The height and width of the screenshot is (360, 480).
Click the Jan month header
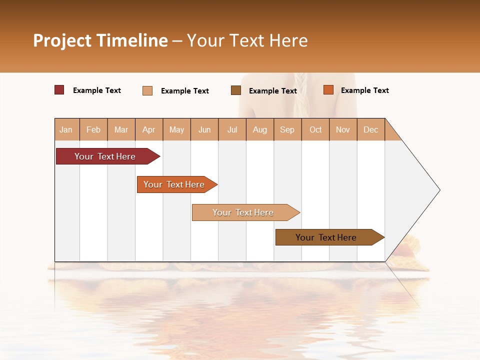point(66,130)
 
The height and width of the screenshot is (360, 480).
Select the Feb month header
point(93,130)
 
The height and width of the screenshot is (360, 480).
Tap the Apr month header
point(148,130)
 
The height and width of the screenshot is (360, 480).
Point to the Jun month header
point(204,130)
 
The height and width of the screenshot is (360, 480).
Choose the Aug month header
point(259,130)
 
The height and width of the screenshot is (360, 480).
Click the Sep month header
point(287,130)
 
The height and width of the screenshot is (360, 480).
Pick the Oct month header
point(315,130)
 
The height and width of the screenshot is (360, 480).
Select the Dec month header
point(370,130)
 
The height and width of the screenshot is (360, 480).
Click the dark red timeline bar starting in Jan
point(105,156)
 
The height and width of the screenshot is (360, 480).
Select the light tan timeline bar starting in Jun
point(243,212)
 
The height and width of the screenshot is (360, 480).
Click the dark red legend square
point(59,90)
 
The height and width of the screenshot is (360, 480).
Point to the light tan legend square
point(147,90)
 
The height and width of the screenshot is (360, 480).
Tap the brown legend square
point(236,90)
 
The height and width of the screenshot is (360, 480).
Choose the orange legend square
point(328,90)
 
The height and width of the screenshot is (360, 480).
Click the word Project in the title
point(63,40)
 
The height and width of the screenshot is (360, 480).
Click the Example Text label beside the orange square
point(364,90)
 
